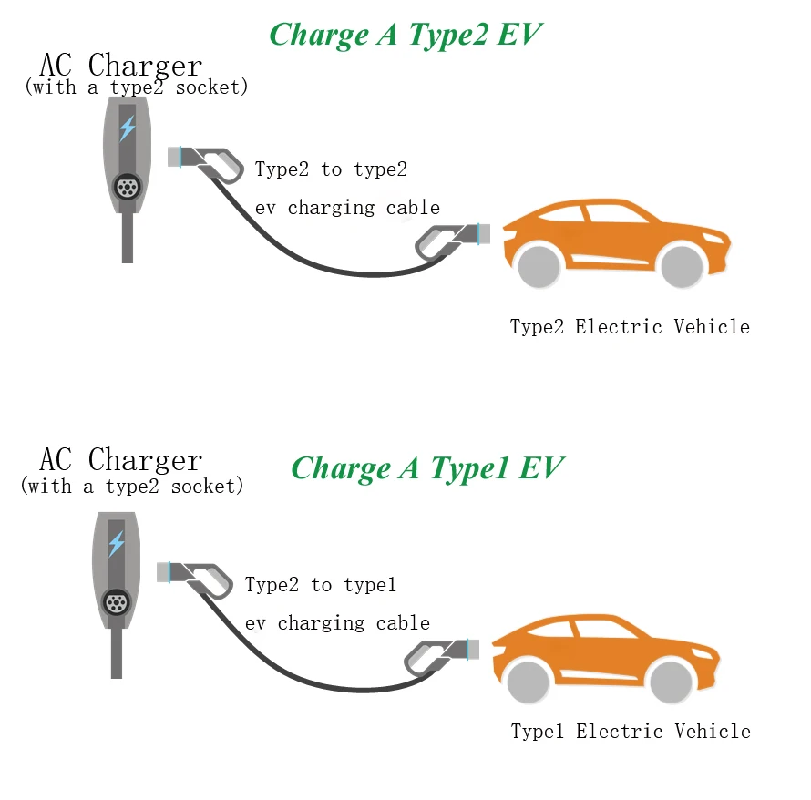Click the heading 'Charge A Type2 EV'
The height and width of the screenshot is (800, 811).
[405, 35]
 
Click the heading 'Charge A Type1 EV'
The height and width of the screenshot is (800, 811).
[426, 468]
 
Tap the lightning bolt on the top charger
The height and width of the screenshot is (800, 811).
[128, 127]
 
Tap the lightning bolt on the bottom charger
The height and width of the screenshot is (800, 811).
[116, 544]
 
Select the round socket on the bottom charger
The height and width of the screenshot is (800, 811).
[116, 602]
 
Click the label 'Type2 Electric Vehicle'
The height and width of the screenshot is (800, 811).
[630, 327]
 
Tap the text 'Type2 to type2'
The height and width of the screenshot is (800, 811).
[331, 169]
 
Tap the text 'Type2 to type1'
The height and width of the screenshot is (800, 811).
[321, 585]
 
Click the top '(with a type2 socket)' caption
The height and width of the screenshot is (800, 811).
[136, 87]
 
